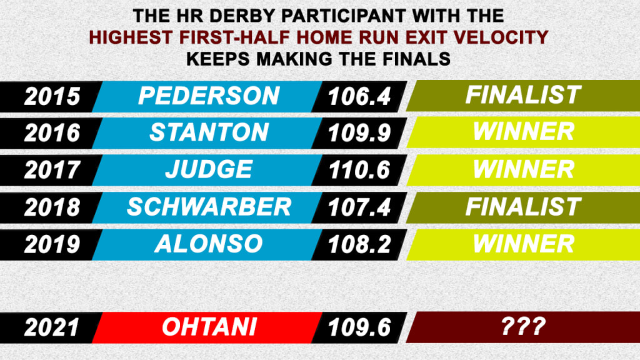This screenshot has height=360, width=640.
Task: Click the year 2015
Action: (52, 97)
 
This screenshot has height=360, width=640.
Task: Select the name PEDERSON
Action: (209, 96)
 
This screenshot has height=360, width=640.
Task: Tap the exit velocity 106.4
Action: (359, 97)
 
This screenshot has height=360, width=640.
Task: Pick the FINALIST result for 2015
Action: (523, 95)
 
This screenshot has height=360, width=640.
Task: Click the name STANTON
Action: (209, 132)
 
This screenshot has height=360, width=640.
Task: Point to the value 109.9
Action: (359, 133)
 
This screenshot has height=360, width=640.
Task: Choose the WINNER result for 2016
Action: (523, 131)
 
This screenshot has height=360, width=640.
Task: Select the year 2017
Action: (52, 170)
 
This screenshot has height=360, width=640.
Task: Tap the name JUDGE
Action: (209, 169)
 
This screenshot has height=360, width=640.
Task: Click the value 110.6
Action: (359, 170)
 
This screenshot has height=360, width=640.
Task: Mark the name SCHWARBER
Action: (209, 207)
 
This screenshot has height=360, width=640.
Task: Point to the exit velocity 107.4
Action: (359, 207)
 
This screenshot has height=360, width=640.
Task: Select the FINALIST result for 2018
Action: (523, 206)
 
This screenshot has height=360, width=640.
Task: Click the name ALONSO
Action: (209, 244)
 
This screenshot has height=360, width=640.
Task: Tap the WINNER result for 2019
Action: (523, 244)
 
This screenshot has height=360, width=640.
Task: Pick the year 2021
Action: (52, 327)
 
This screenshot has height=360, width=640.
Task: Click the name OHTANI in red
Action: (209, 327)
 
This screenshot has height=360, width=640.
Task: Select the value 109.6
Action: (359, 327)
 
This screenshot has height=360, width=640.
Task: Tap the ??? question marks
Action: (523, 326)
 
